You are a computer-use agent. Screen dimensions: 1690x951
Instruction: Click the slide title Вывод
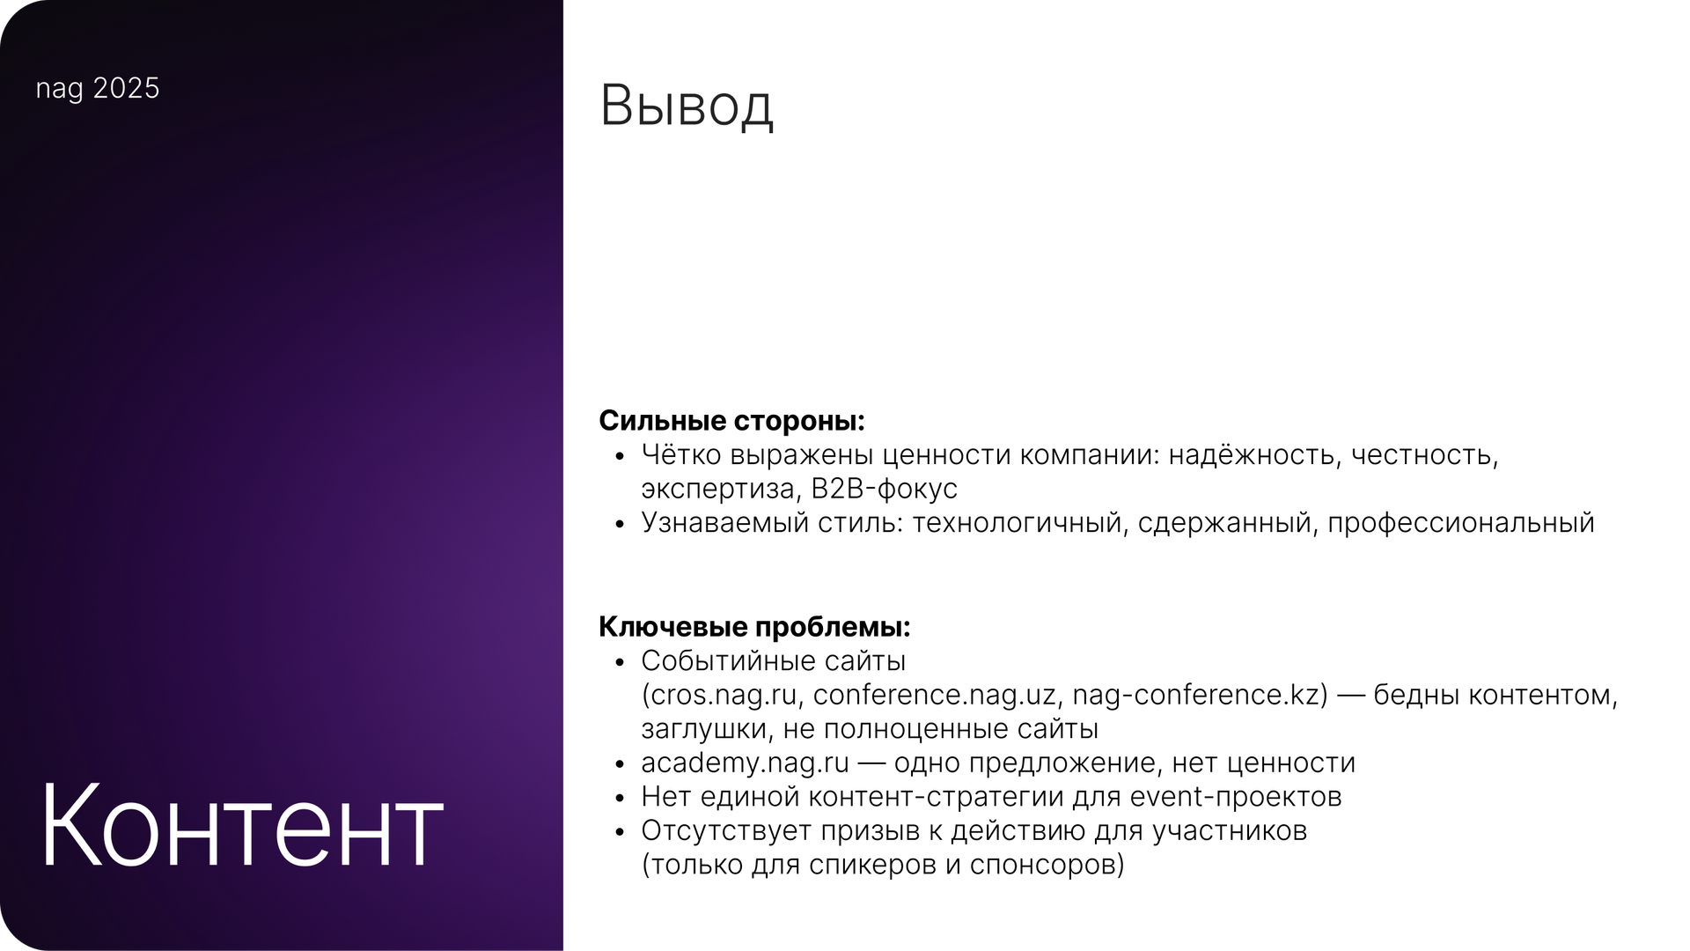tap(687, 107)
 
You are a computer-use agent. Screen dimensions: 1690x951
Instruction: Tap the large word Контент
tap(240, 826)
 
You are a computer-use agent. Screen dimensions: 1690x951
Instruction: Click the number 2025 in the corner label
tap(126, 88)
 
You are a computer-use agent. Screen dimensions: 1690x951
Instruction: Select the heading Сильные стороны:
tap(732, 421)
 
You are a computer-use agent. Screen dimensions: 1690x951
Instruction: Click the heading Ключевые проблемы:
tap(754, 627)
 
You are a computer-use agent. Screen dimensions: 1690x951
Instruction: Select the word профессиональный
tap(1460, 523)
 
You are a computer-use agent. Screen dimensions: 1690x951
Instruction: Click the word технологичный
tap(1019, 523)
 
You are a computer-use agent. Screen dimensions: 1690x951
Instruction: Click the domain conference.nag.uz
tap(935, 696)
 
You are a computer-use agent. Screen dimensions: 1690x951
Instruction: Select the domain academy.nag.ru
tap(745, 763)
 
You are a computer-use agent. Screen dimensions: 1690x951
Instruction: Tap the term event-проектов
tap(1236, 797)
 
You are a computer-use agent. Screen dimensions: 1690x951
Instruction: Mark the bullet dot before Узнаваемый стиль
tap(621, 524)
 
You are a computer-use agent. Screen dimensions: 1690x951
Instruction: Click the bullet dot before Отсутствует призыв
tap(621, 832)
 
